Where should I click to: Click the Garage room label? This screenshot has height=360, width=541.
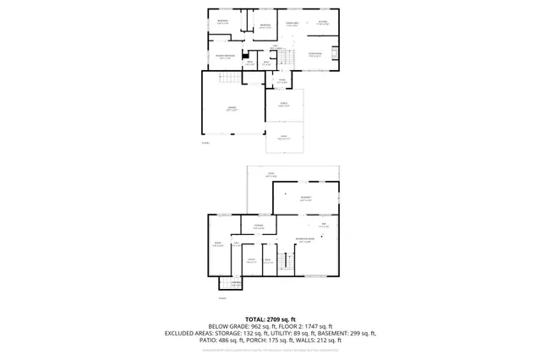click(231, 108)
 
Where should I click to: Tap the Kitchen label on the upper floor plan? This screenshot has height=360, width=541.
click(323, 24)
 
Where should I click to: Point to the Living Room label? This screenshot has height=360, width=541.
click(292, 25)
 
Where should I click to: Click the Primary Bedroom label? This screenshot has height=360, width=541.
click(224, 57)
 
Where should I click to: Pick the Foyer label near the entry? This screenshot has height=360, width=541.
click(281, 81)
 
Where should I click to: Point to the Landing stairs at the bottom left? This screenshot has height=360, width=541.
click(225, 284)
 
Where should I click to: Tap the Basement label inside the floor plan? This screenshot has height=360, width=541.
click(305, 199)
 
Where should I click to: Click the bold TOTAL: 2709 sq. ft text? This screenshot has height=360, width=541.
click(270, 319)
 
